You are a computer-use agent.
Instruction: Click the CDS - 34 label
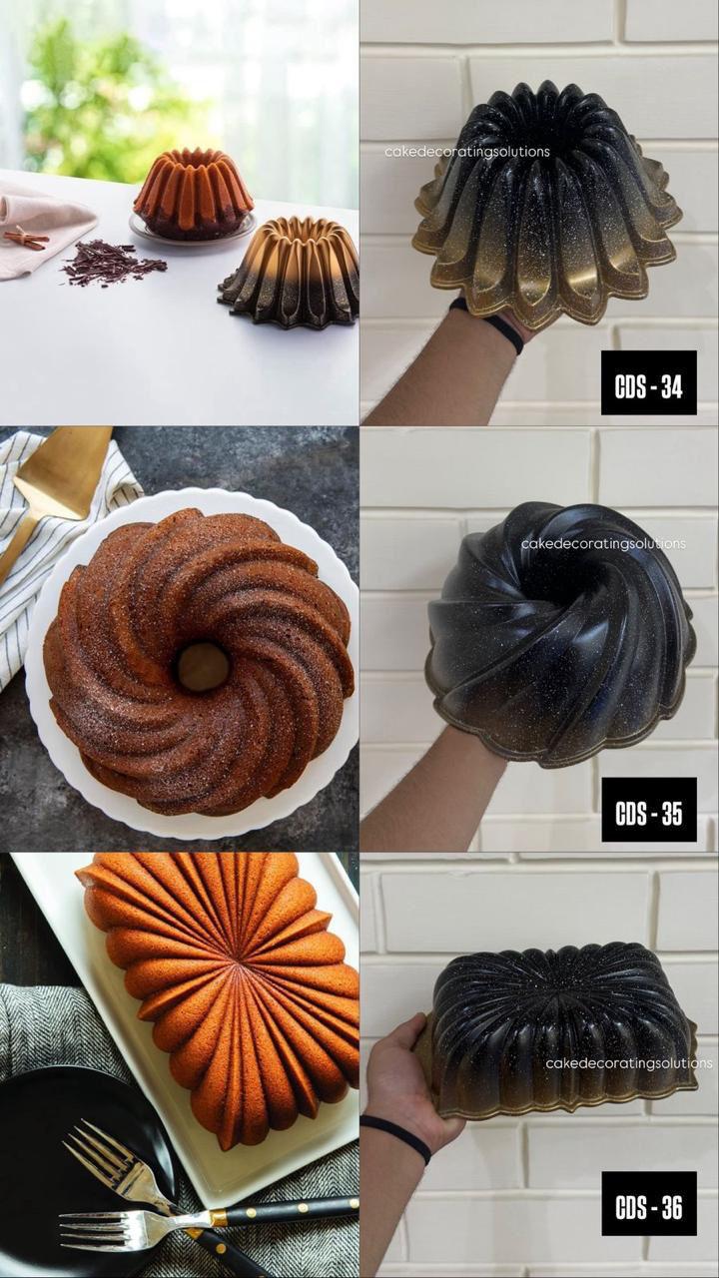coord(649,382)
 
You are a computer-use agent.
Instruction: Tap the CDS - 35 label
coord(649,809)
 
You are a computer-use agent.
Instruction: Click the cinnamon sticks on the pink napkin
coord(25,238)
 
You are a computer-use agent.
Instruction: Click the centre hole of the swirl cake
coord(203,666)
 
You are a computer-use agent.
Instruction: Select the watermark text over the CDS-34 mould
coord(467,152)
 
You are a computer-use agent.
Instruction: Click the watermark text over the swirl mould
coord(603,544)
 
